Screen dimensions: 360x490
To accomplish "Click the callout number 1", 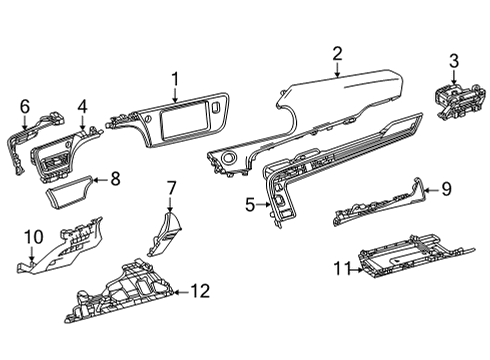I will [174, 79].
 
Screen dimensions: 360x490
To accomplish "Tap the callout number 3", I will [453, 64].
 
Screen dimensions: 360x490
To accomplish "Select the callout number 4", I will [82, 105].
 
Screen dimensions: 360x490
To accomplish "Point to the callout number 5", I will [249, 205].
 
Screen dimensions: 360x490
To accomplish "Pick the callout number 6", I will [25, 105].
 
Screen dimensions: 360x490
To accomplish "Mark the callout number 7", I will [171, 186].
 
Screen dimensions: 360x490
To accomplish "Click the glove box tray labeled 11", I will [410, 263].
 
